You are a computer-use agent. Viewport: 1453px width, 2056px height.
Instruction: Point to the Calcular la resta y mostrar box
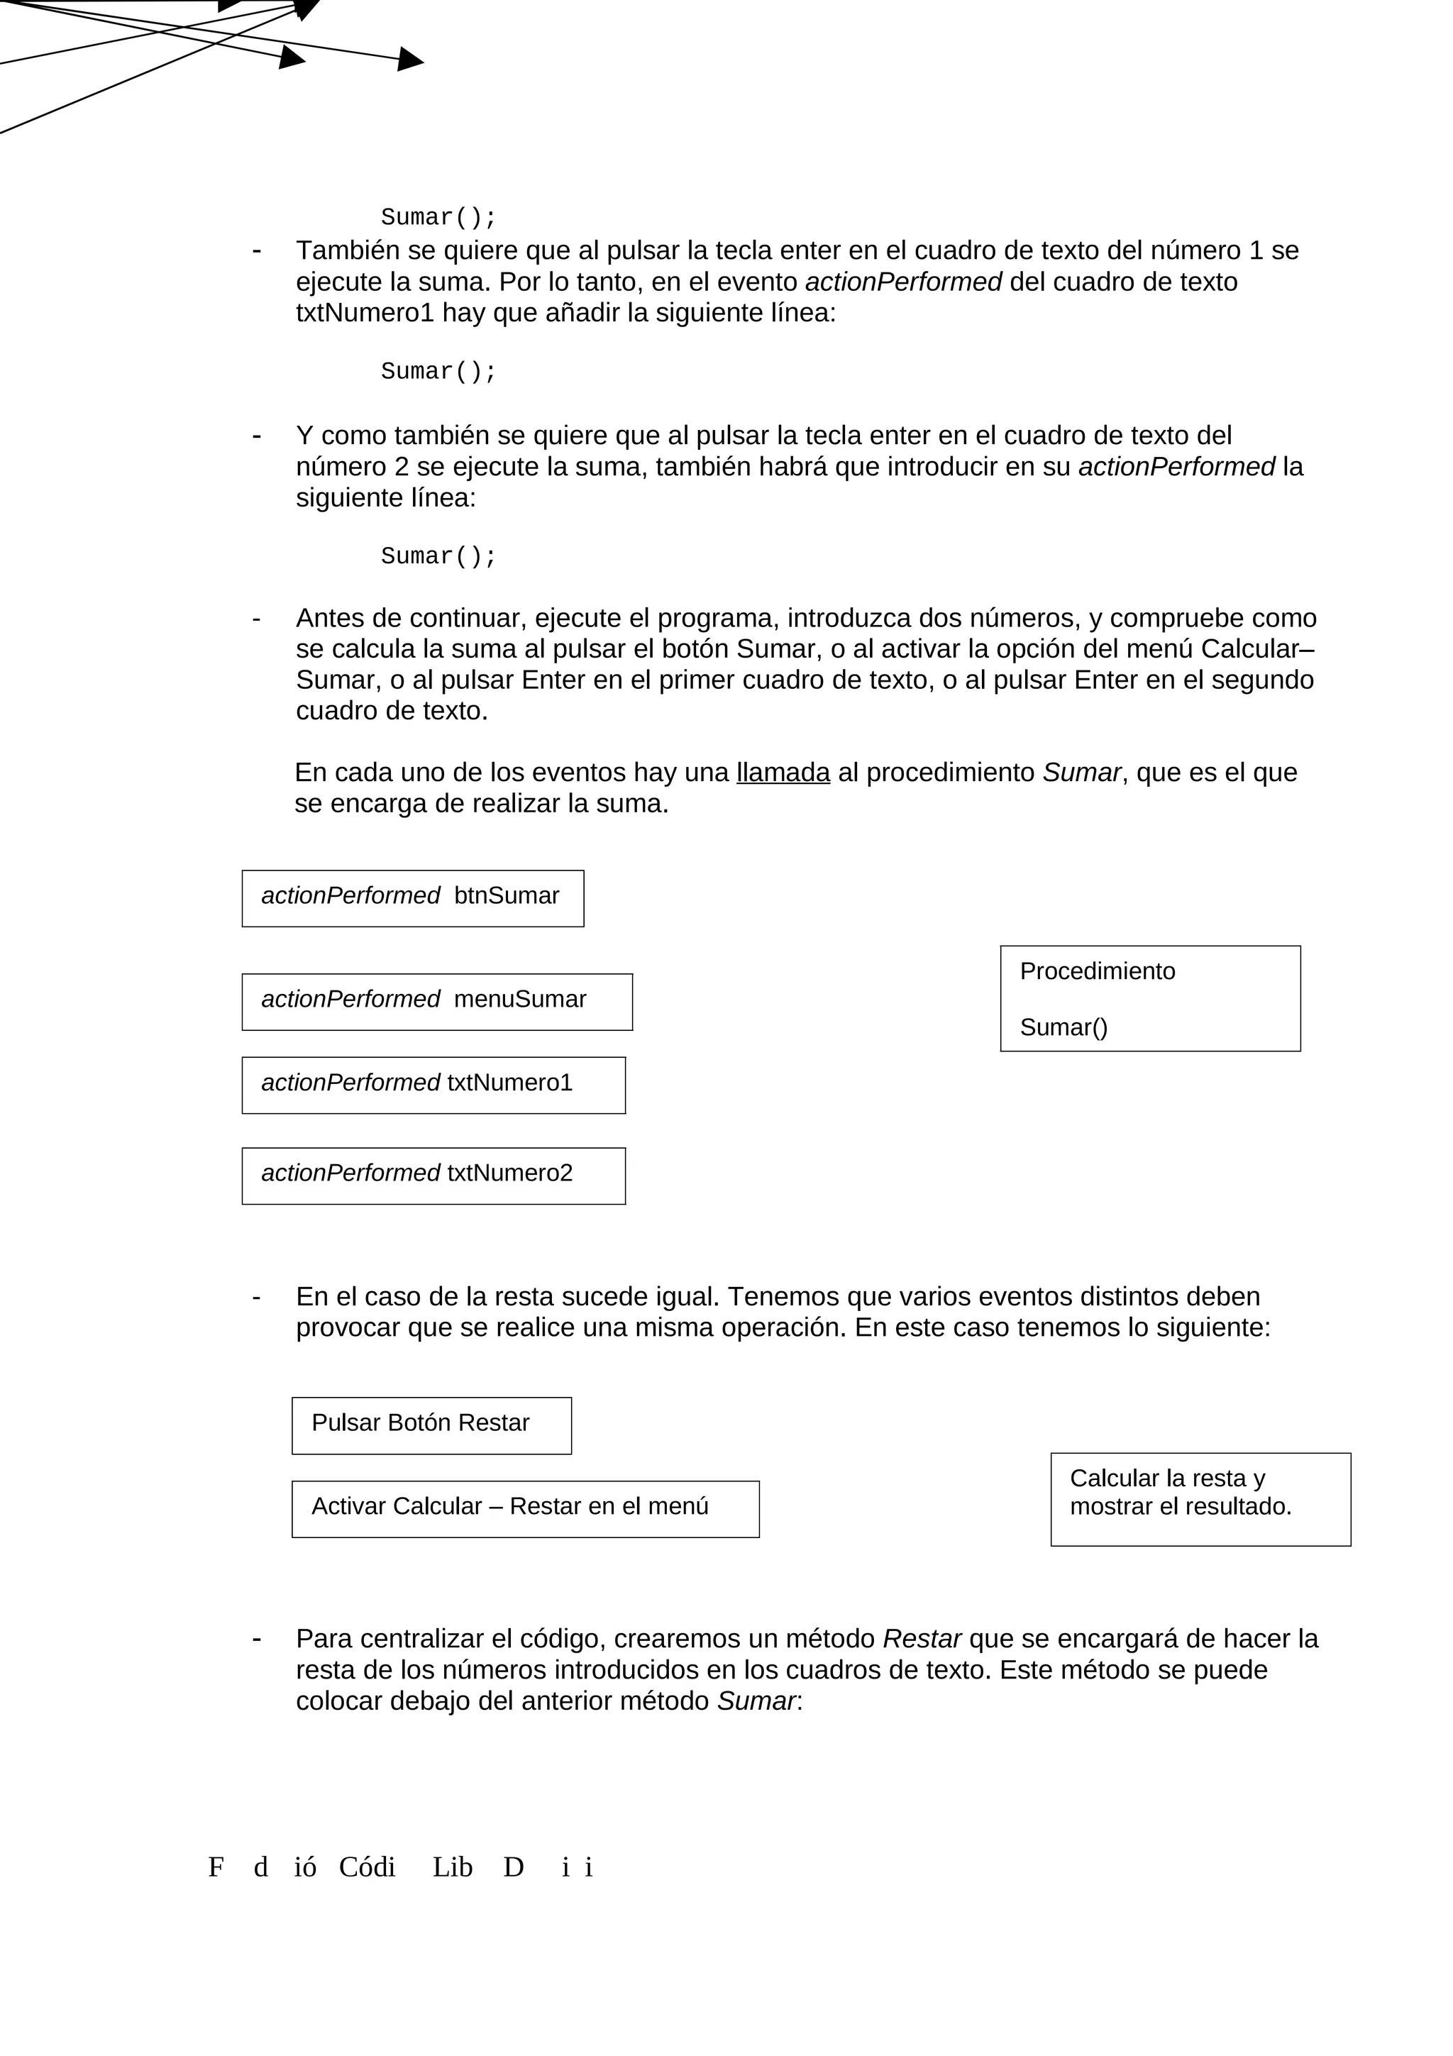(1200, 1499)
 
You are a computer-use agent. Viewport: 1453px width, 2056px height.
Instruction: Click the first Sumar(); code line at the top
(438, 218)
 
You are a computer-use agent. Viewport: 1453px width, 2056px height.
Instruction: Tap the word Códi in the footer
(367, 1867)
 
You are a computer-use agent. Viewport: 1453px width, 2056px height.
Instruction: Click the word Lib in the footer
(452, 1867)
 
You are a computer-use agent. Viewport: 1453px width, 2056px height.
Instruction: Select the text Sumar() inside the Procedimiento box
(1063, 1027)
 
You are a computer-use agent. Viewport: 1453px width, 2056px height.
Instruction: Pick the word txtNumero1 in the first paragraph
(365, 313)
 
